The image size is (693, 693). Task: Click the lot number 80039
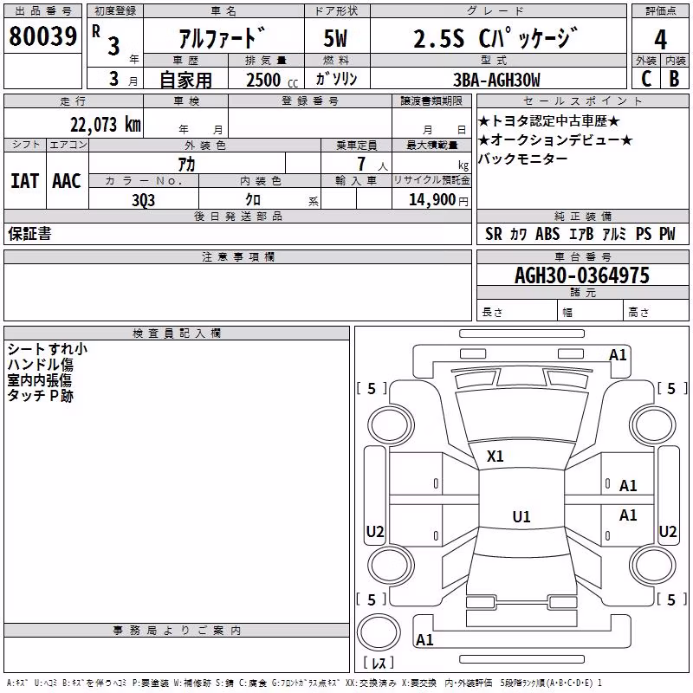tap(42, 36)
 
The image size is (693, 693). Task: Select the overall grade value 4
tap(660, 40)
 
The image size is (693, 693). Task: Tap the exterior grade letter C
tap(646, 79)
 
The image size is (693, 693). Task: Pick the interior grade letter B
tap(674, 79)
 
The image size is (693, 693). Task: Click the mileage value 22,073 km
tap(106, 125)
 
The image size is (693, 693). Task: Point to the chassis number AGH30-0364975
tap(582, 275)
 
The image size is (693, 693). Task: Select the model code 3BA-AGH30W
tap(496, 80)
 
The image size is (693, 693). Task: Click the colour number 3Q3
tap(144, 200)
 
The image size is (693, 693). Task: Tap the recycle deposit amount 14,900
tap(432, 199)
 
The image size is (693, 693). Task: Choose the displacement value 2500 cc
tap(272, 80)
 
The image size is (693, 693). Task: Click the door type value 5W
tap(335, 38)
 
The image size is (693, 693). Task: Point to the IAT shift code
tap(24, 181)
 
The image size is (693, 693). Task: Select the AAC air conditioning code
tap(67, 181)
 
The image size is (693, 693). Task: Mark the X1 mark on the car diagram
tap(495, 457)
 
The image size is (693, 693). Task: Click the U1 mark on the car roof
tap(521, 516)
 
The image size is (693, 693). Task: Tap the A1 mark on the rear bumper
tap(424, 640)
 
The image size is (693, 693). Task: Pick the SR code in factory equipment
tap(494, 234)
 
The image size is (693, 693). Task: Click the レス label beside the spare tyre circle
tap(379, 663)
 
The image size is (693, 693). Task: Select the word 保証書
tap(29, 234)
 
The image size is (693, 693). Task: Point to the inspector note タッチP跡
tap(40, 396)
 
